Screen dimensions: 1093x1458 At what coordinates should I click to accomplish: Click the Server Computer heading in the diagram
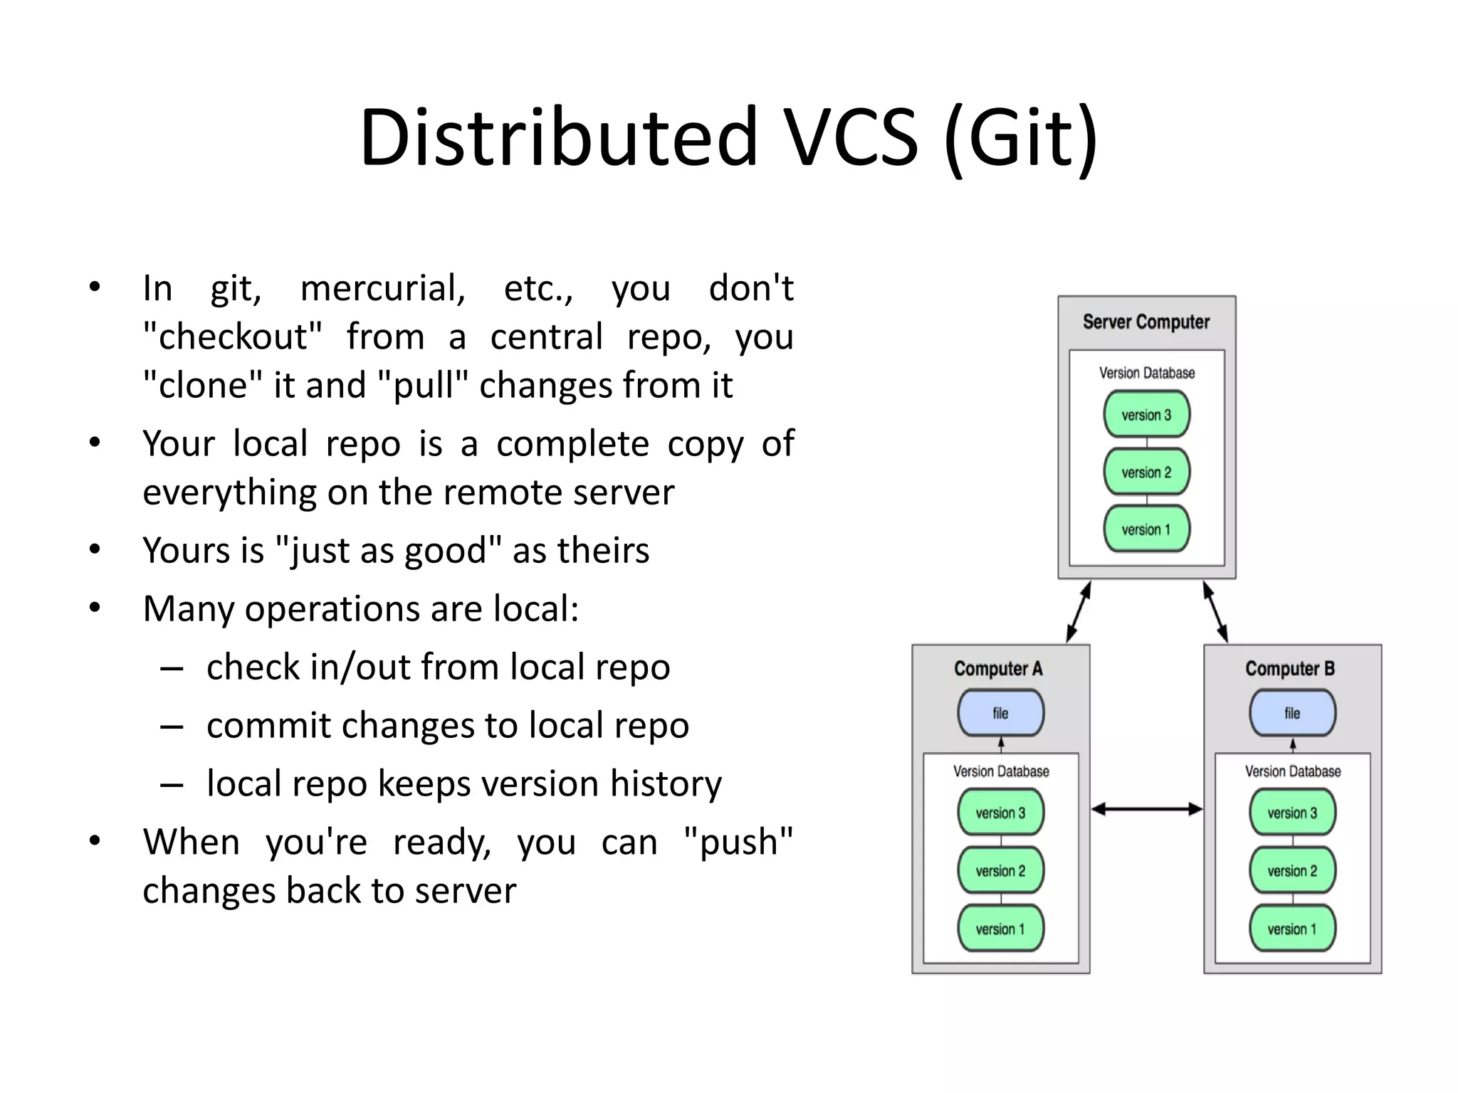click(1146, 322)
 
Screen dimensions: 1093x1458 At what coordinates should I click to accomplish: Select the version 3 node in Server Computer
click(1146, 415)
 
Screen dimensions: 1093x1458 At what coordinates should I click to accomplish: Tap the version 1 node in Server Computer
click(1146, 529)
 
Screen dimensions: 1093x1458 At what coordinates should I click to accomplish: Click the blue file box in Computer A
click(1000, 713)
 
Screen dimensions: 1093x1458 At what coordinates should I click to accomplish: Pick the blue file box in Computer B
click(1292, 713)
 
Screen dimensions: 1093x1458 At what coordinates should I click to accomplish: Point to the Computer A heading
click(998, 669)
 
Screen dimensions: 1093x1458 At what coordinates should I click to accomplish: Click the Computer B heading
click(1289, 669)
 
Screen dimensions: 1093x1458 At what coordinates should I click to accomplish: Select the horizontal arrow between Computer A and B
click(1147, 809)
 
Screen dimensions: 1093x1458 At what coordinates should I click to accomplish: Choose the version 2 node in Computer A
click(1000, 871)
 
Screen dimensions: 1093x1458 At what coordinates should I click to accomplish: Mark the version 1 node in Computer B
click(1292, 929)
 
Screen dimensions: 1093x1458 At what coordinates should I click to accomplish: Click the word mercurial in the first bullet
click(382, 289)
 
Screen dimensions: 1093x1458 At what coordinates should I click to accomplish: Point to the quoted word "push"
click(738, 843)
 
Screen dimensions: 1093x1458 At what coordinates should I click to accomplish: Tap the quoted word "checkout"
click(232, 337)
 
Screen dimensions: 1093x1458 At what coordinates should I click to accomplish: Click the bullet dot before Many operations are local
click(95, 608)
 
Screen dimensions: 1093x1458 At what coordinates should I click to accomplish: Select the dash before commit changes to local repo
click(172, 727)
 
